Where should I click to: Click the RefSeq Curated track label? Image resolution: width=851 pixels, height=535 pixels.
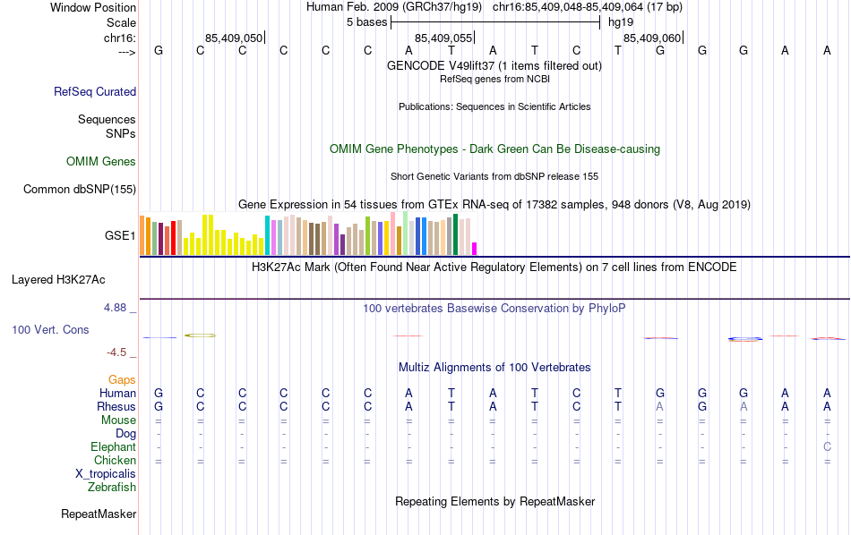coord(95,91)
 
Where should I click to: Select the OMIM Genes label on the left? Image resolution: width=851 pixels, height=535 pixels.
coord(101,162)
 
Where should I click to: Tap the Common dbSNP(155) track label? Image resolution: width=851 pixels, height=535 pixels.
coord(80,189)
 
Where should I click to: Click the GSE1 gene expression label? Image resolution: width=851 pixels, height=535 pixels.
coord(120,236)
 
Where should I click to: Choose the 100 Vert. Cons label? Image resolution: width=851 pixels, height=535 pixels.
coord(50,330)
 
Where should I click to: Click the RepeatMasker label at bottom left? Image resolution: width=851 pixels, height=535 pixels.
coord(99,514)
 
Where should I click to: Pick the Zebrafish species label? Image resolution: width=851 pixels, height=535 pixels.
coord(112,488)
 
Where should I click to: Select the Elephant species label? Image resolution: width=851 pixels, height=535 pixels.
coord(113,447)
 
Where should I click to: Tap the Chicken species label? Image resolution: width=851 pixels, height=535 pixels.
coord(115,461)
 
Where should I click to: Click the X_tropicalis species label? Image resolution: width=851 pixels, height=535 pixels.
coord(106,474)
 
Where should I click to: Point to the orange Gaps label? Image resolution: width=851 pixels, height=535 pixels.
coord(122,380)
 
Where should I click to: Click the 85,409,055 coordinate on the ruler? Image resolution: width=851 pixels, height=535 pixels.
coord(443,38)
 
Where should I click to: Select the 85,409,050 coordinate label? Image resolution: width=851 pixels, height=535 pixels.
coord(234,38)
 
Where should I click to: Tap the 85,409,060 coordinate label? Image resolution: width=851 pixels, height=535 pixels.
coord(652,38)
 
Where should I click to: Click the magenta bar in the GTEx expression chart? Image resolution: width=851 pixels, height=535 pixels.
coord(475,249)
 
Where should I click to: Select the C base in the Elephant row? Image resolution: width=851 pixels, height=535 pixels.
coord(828,447)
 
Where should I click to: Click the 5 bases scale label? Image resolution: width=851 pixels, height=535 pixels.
coord(365,21)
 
